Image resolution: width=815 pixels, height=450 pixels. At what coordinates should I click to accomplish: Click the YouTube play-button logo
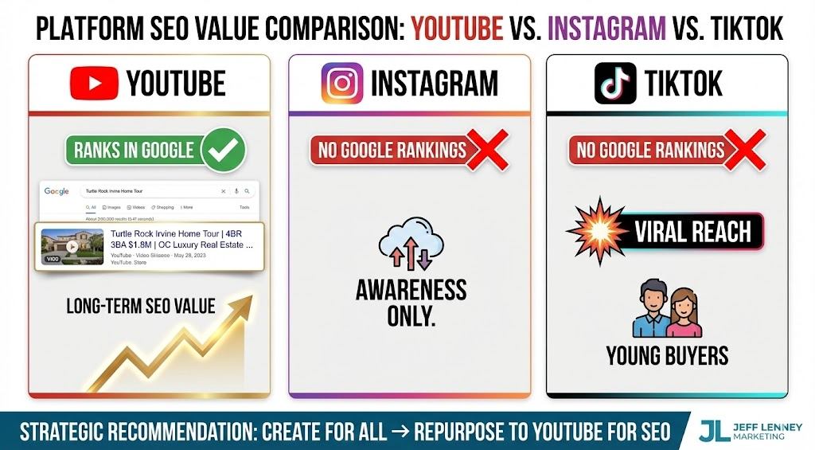tap(94, 83)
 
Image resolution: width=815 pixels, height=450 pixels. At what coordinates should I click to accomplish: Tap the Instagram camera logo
tap(342, 83)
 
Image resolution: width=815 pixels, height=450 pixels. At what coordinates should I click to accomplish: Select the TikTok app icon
tap(615, 83)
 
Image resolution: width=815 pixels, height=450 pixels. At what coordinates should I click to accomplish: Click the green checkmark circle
tap(223, 150)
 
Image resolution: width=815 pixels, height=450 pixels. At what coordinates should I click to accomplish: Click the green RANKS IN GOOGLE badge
tap(134, 150)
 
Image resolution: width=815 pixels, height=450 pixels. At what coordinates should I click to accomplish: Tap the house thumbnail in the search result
tap(72, 247)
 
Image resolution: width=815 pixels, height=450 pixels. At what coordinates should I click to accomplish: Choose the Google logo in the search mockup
tap(57, 191)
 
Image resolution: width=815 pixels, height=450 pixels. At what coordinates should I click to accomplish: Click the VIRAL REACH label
tap(692, 232)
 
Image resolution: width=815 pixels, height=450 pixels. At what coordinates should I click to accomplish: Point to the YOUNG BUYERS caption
tap(667, 355)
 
